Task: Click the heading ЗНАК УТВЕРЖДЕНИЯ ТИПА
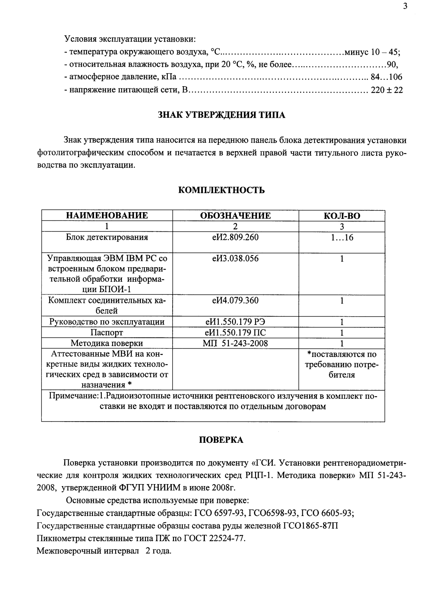[221, 115]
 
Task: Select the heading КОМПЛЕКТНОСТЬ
[221, 190]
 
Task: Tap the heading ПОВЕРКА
[221, 440]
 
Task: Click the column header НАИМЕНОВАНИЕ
[107, 216]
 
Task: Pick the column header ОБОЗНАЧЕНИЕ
[236, 216]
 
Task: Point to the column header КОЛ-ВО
[342, 216]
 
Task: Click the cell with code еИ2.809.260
[236, 237]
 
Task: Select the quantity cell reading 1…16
[342, 237]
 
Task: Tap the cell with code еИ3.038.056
[236, 259]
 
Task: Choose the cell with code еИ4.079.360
[236, 301]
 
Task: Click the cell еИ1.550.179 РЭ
[236, 322]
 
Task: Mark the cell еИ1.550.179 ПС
[236, 333]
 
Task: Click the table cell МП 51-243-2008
[236, 343]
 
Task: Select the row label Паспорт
[107, 333]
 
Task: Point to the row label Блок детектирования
[107, 237]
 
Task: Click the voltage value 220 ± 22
[387, 90]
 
